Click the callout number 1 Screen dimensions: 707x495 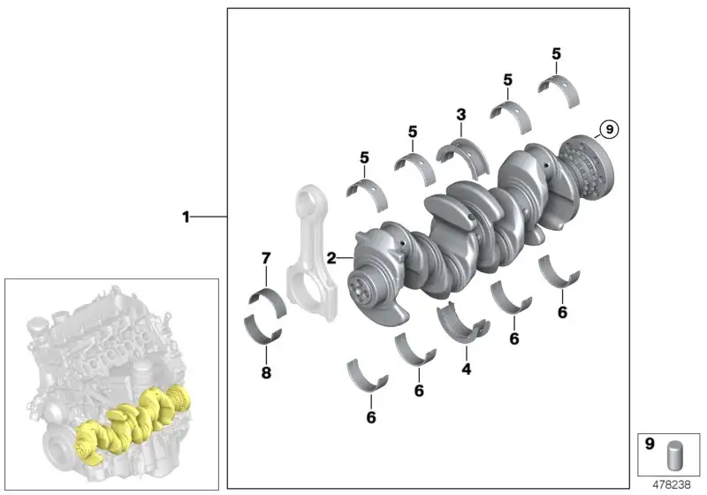186,217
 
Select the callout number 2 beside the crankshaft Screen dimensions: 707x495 331,258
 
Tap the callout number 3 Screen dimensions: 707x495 460,115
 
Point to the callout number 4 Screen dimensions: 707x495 467,369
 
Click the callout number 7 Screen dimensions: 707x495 266,258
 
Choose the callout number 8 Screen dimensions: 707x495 266,373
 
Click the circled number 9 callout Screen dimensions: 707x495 609,130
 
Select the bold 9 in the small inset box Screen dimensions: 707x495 650,444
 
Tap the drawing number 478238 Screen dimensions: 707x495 672,484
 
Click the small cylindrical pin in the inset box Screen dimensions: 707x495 675,455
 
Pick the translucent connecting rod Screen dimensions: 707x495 311,253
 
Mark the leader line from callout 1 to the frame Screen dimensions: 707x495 209,217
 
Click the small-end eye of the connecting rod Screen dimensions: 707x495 308,197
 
